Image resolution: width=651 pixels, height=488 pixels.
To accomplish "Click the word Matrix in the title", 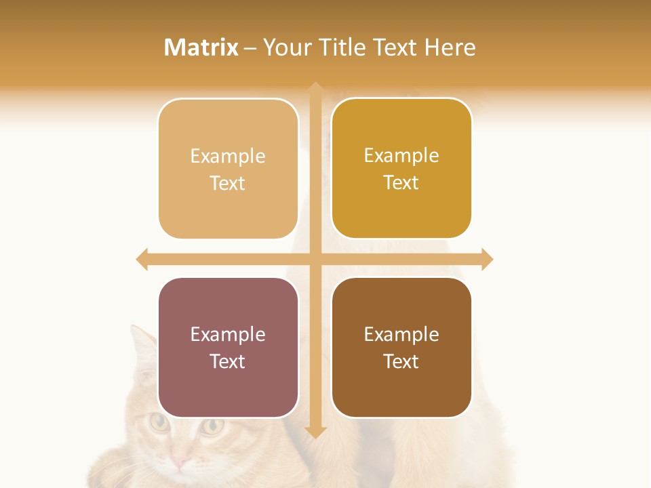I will click(x=201, y=47).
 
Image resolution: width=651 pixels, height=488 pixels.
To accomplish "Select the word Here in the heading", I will click(x=450, y=47).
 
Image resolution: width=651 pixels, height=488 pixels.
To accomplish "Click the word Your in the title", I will click(x=285, y=47).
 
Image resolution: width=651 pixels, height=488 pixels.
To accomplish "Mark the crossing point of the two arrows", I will click(x=315, y=259).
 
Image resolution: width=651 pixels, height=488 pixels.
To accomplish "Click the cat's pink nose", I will click(x=180, y=462).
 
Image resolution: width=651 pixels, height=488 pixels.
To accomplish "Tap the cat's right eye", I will click(x=214, y=426).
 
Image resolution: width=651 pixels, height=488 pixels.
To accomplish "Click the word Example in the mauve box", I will click(x=228, y=334).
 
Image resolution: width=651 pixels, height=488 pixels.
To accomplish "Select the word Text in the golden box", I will click(x=401, y=182).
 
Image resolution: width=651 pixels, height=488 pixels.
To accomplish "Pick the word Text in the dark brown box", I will click(x=401, y=361).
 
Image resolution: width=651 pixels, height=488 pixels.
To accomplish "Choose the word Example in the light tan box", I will click(x=228, y=156).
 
